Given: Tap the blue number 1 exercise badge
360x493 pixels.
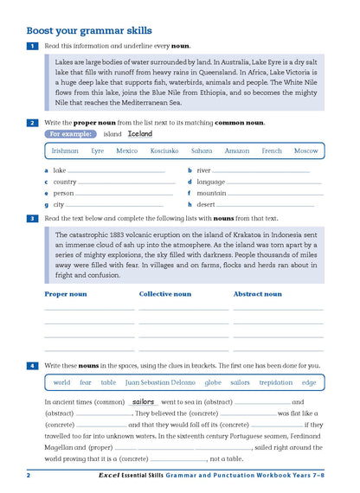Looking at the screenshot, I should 32,45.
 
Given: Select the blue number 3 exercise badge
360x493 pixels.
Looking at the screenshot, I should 32,219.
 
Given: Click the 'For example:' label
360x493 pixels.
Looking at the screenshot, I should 69,134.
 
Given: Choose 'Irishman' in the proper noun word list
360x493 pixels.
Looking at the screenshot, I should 65,150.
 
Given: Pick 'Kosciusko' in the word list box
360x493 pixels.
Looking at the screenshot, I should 164,150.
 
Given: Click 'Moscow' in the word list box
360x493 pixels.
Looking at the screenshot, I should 305,150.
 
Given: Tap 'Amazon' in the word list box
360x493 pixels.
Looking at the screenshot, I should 236,150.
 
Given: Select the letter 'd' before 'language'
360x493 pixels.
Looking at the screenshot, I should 190,182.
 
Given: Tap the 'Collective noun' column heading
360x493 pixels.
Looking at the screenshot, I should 164,294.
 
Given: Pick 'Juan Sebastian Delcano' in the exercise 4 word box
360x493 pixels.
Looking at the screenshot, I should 161,381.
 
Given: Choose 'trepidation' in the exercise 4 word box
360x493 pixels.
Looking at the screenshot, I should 276,381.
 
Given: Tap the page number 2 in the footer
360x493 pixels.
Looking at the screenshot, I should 29,475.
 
